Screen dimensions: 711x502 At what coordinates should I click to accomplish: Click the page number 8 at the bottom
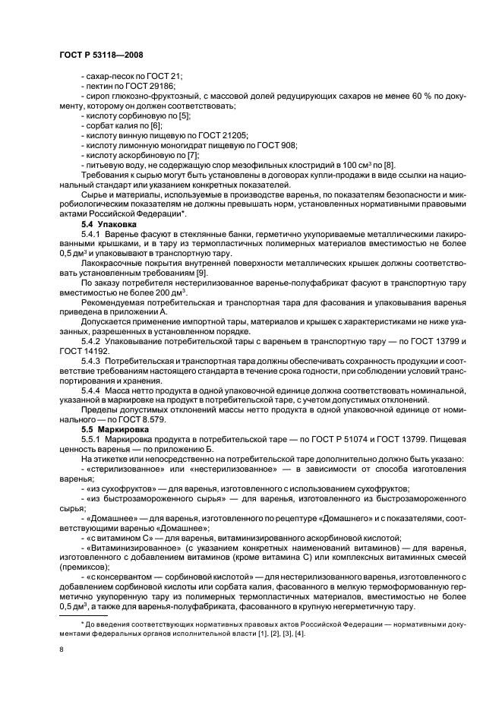pyautogui.click(x=62, y=649)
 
